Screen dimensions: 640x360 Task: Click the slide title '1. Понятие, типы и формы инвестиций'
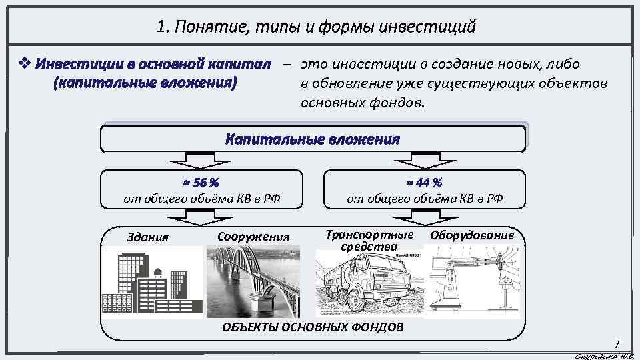click(x=316, y=27)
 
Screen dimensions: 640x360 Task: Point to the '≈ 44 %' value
click(x=425, y=182)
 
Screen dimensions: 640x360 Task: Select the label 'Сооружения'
click(x=254, y=237)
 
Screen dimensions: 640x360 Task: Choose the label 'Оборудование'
click(x=472, y=235)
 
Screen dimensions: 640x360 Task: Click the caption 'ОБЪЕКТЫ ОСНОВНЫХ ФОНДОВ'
click(x=311, y=327)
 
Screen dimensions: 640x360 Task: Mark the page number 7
click(x=617, y=345)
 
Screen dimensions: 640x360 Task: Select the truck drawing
click(x=368, y=283)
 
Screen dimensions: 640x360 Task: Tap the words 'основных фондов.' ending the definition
click(x=363, y=103)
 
